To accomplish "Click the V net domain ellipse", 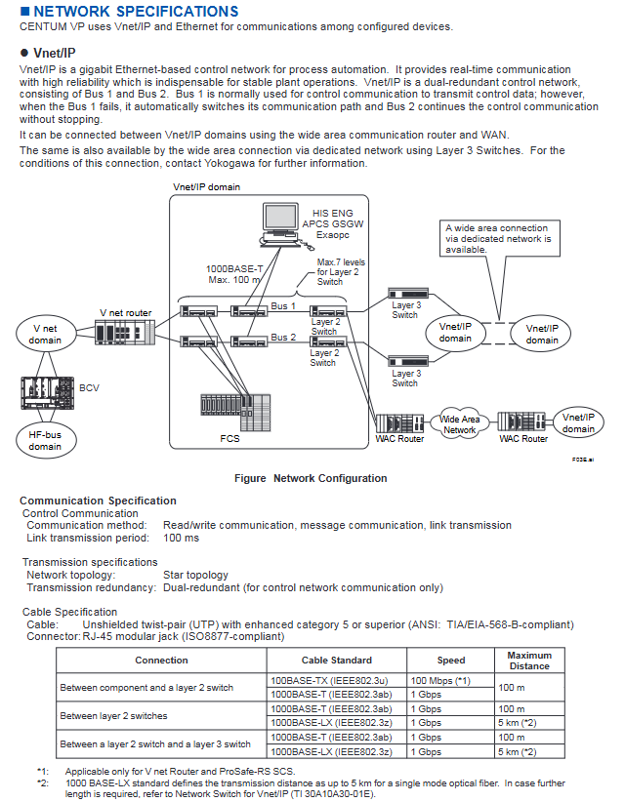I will pyautogui.click(x=45, y=334).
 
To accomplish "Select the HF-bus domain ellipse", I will pyautogui.click(x=45, y=439).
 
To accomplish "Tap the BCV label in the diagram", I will pyautogui.click(x=89, y=387).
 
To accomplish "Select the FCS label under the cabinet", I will pyautogui.click(x=229, y=438).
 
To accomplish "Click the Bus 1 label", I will pyautogui.click(x=282, y=305).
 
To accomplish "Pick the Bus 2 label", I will pyautogui.click(x=282, y=337).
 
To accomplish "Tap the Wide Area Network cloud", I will pyautogui.click(x=460, y=423).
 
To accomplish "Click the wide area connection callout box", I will pyautogui.click(x=498, y=237).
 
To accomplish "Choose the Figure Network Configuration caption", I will pyautogui.click(x=311, y=478).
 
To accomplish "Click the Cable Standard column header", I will pyautogui.click(x=336, y=661).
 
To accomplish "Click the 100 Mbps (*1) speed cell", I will pyautogui.click(x=438, y=679).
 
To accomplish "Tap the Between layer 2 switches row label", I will pyautogui.click(x=113, y=715).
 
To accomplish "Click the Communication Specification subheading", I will pyautogui.click(x=99, y=501).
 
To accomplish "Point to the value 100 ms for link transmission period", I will pyautogui.click(x=181, y=538).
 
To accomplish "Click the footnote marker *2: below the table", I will pyautogui.click(x=43, y=782).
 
